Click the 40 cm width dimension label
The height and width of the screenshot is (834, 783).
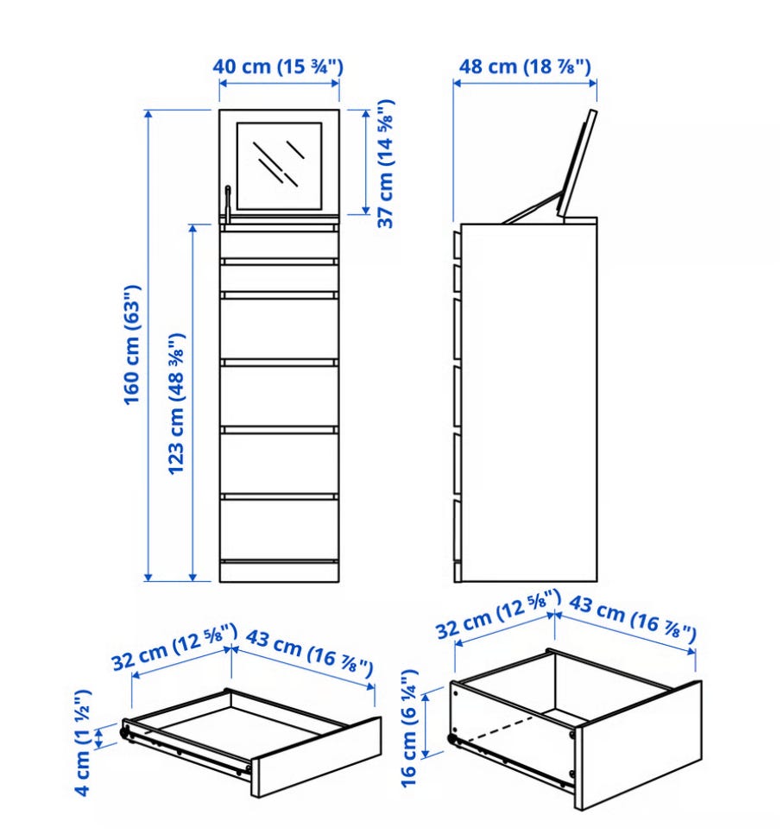[278, 66]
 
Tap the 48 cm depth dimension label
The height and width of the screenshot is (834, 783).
[525, 66]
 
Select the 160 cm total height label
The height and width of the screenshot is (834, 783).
[132, 344]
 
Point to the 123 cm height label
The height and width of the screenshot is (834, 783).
[176, 403]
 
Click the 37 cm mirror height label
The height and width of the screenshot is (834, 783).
[385, 163]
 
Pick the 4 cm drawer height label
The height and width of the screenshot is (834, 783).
[83, 742]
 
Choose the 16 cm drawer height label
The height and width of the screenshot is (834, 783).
[409, 728]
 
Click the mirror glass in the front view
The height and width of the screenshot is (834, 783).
[279, 166]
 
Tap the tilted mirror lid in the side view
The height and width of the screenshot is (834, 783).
[578, 163]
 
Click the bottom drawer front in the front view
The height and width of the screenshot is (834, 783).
[279, 530]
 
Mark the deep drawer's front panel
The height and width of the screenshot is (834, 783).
[638, 744]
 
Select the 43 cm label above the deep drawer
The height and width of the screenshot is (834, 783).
[633, 618]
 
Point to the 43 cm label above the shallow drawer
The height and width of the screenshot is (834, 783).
[309, 654]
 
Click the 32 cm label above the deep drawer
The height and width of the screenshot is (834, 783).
[498, 613]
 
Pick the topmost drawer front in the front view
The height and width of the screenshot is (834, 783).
[279, 244]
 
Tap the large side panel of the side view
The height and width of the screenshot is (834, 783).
[528, 402]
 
